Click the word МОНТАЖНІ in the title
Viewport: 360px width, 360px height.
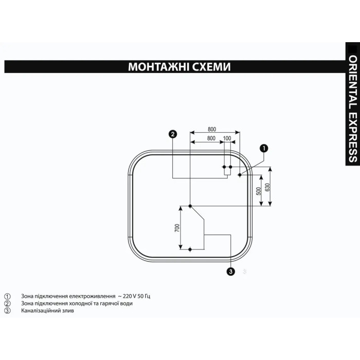coord(158,67)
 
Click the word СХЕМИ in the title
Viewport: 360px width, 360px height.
coord(211,67)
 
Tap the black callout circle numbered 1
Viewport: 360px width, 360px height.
coord(264,148)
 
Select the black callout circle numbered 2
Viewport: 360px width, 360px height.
coord(173,134)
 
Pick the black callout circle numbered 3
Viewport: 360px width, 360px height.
coord(230,272)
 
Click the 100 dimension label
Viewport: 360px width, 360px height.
coord(227,138)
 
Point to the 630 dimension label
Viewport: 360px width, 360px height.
coord(267,187)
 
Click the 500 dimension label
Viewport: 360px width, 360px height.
coord(259,191)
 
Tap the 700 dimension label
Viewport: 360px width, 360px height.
coord(177,227)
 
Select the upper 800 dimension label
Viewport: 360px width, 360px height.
coord(212,129)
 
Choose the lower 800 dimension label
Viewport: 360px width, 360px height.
coord(211,138)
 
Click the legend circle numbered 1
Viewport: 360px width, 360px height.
coord(7,296)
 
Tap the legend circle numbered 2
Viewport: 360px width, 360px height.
coord(7,303)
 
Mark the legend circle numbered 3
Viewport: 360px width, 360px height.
coord(7,311)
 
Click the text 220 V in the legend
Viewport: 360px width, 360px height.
coord(131,296)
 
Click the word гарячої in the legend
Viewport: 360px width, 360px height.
coord(108,303)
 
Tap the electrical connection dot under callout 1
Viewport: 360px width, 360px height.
coord(240,175)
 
